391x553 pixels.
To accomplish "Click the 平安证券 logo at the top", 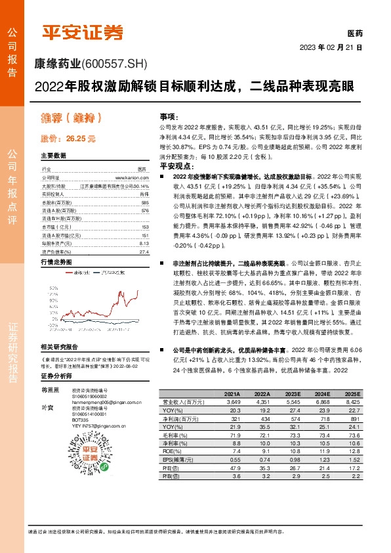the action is coord(83,32).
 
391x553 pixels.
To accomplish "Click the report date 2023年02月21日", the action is coord(331,48).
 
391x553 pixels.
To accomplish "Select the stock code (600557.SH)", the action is coord(116,64).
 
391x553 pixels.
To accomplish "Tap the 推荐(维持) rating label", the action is coord(71,118).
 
